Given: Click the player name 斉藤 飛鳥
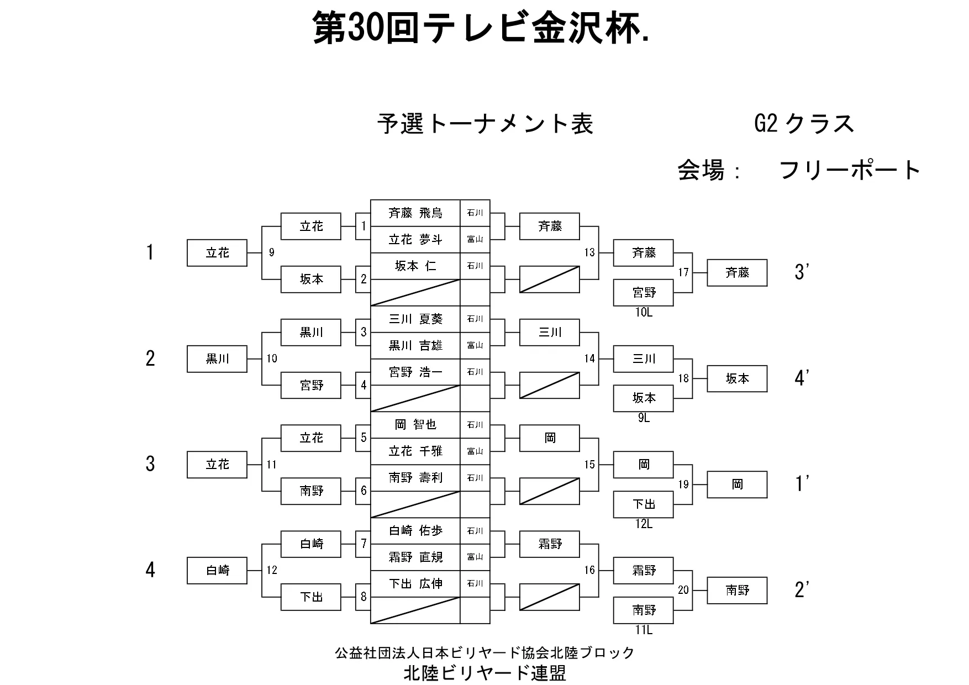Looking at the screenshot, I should point(415,213).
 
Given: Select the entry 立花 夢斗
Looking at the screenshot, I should point(415,240).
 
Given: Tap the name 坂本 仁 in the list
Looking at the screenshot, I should point(415,266).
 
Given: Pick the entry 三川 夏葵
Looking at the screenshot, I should point(415,319).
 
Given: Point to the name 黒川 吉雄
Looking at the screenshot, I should point(415,346).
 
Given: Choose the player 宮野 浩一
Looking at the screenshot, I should point(415,372).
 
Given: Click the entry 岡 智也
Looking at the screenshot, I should point(415,425).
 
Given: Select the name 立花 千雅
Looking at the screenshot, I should point(415,451).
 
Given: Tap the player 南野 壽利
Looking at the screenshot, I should point(415,478).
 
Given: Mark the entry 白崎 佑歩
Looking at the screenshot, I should point(415,531).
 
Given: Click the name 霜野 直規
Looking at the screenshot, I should point(415,557).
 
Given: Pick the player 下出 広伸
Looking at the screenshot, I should point(415,584).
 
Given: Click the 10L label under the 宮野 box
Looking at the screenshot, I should point(644,313).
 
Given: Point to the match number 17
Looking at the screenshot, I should point(683,273).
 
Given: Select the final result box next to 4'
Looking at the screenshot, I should point(737,379).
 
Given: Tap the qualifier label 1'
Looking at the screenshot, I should point(802,484).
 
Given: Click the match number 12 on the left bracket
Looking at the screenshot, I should point(272,571).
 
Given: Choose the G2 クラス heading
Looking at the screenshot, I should point(804,124).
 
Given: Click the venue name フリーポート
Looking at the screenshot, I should point(850,170).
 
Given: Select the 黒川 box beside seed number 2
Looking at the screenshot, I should point(217,359).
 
